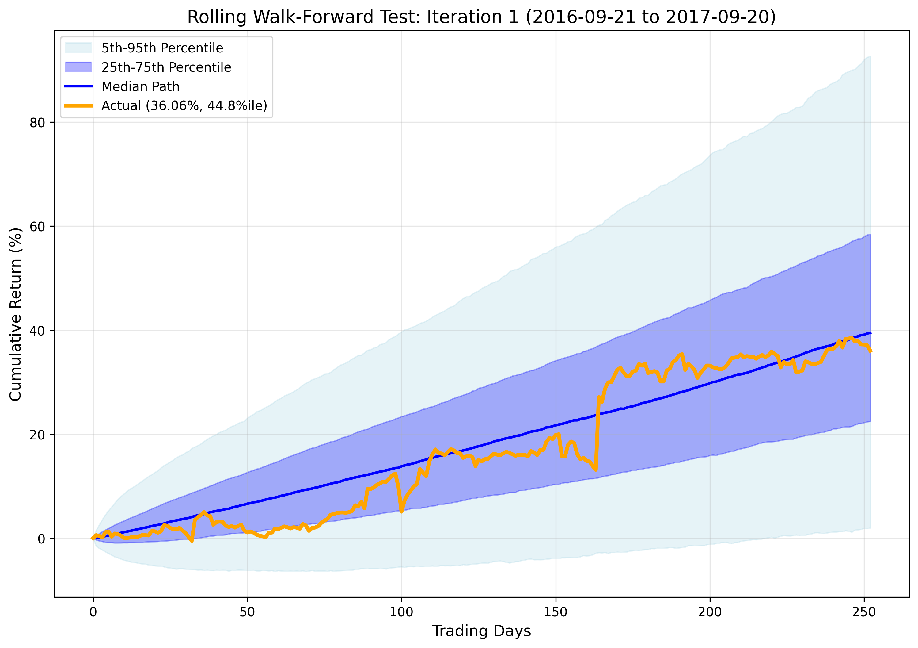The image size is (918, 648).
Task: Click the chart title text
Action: tap(481, 17)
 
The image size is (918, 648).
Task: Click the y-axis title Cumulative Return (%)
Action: tap(15, 314)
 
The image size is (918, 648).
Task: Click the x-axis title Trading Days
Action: tap(481, 631)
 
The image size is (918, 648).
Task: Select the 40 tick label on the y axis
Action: tap(37, 331)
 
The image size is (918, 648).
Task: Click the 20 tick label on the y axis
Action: tap(37, 435)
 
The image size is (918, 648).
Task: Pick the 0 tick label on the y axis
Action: tap(41, 539)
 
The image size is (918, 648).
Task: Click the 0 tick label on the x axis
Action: tap(93, 612)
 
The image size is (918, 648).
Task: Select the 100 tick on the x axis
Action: tap(401, 612)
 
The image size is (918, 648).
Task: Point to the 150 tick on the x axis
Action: tap(556, 612)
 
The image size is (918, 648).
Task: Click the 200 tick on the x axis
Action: tap(710, 612)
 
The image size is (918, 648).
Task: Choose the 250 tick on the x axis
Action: tap(864, 612)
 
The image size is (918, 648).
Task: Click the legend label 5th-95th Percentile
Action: tap(162, 48)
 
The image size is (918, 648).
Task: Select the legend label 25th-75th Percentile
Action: tap(166, 67)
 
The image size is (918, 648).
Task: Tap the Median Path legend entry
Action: tap(140, 86)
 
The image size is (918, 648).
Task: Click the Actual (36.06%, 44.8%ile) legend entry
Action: tap(184, 106)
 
